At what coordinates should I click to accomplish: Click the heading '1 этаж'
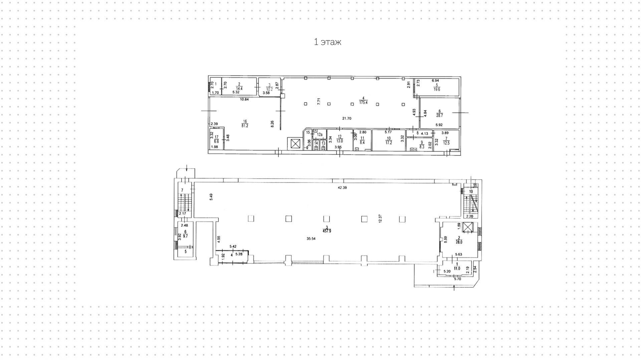click(327, 42)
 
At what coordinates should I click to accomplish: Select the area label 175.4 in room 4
click(363, 103)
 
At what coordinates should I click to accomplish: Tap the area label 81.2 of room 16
click(245, 126)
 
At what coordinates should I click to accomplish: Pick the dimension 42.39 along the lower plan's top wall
click(342, 188)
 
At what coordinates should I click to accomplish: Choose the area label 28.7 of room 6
click(439, 116)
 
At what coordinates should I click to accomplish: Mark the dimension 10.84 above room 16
click(244, 100)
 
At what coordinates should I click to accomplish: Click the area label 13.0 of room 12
click(340, 141)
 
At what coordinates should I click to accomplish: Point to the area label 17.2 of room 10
click(389, 143)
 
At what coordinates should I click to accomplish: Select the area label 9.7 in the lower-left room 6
click(186, 236)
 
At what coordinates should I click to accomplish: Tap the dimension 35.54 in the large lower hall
click(311, 239)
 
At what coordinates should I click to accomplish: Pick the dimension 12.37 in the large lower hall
click(380, 219)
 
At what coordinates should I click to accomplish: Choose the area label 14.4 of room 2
click(239, 89)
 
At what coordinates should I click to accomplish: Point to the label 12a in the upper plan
click(319, 135)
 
